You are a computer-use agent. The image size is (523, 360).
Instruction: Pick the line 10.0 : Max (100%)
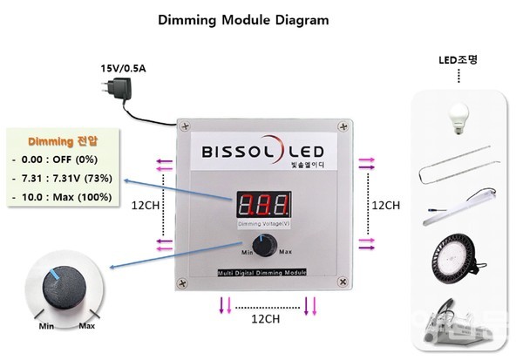65,197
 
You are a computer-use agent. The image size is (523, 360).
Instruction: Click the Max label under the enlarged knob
87,326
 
